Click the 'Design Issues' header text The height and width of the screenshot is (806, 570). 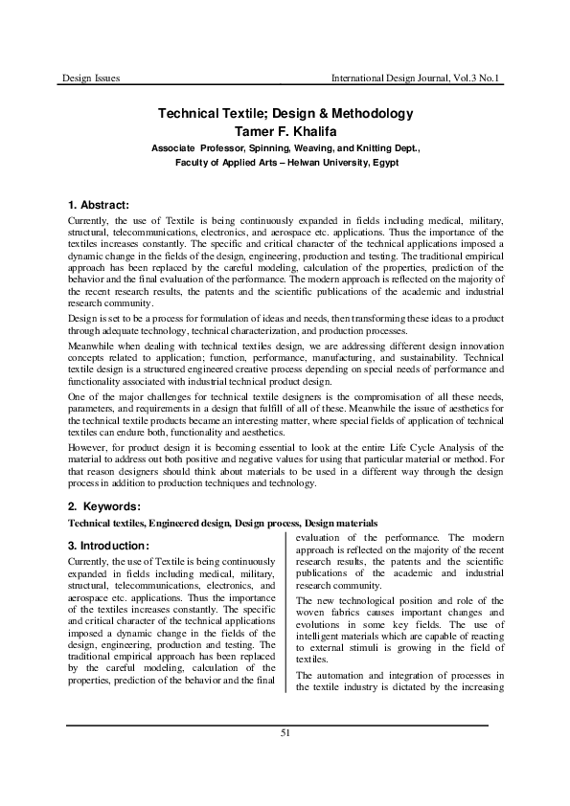(90, 77)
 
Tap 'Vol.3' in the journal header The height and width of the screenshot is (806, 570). (460, 77)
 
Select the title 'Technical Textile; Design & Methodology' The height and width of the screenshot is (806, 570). (285, 114)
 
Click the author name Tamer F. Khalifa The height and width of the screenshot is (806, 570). (285, 131)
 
